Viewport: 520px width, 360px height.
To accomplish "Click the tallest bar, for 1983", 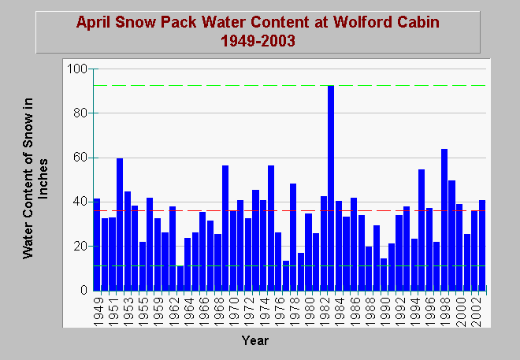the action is coord(331,188).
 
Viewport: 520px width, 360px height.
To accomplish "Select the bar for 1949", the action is coord(97,245).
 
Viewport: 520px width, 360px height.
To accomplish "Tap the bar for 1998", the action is coord(444,220).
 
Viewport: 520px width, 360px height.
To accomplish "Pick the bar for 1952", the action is coord(120,225).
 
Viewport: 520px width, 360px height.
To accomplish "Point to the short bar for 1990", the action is coord(384,274).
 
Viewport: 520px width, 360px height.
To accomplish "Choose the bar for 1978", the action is coord(293,237).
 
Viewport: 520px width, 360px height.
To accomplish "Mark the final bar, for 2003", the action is coord(482,245).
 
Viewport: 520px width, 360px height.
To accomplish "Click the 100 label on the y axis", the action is coord(77,69).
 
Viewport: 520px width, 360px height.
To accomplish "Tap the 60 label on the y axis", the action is coord(80,158).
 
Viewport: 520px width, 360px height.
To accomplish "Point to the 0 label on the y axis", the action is coord(84,290).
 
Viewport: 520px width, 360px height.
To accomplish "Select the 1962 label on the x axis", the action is coord(174,312).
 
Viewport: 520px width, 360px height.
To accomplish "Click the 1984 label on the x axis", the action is coord(340,312).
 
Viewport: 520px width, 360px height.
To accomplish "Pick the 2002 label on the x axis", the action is coord(476,312).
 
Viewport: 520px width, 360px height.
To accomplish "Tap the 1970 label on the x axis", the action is coord(235,312).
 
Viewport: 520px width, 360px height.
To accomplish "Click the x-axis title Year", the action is coord(255,340).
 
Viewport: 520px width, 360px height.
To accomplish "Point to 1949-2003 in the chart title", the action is coord(258,41).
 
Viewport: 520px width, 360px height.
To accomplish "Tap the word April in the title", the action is coord(95,23).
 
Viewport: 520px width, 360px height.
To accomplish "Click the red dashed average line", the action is coord(290,210).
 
